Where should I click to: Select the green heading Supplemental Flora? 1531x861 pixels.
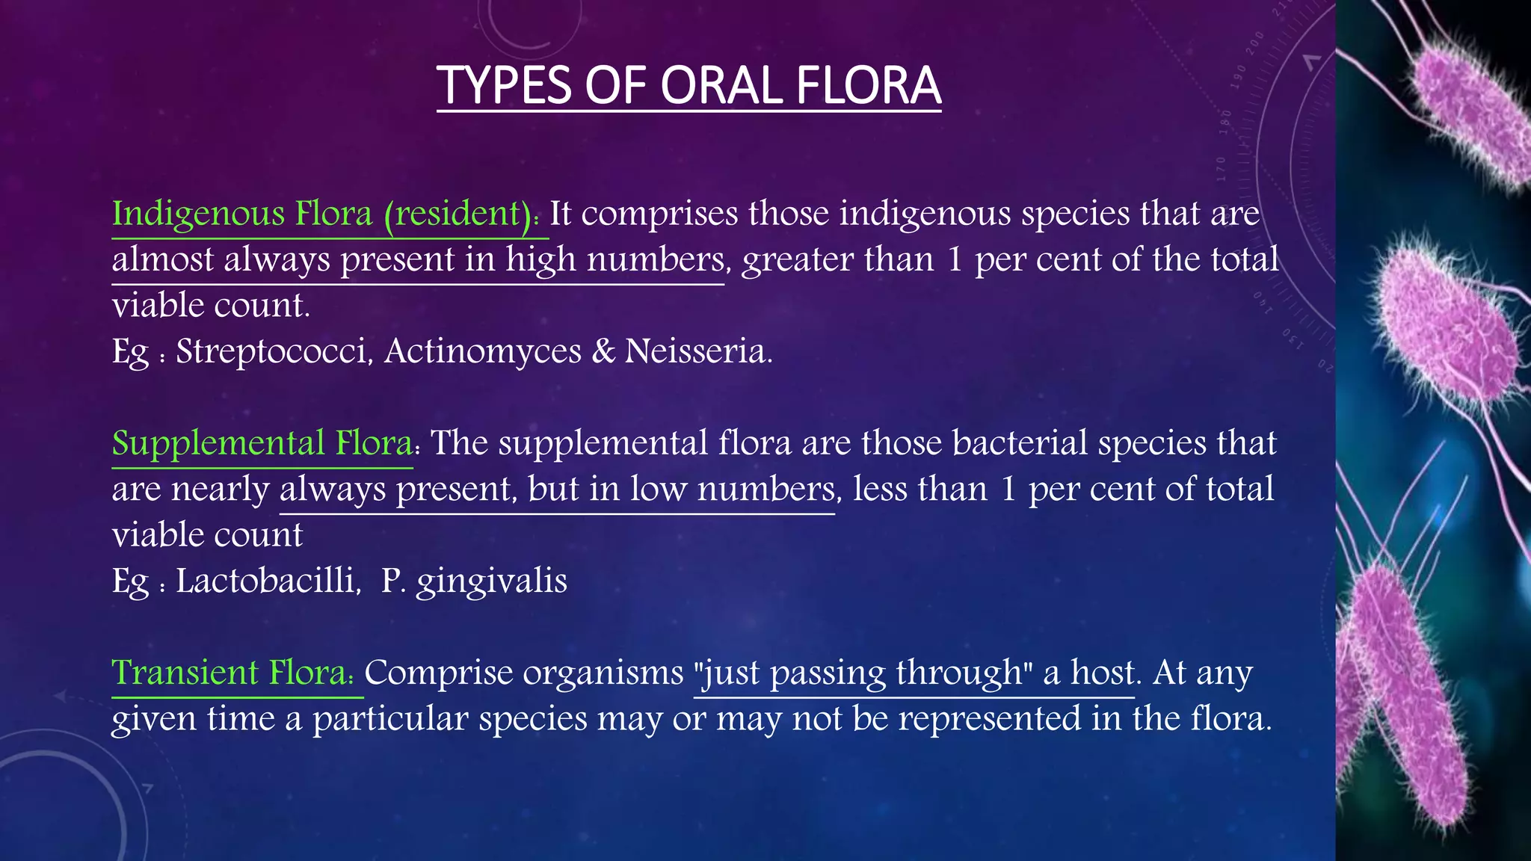[x=262, y=443]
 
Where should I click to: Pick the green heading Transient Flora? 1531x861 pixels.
[x=232, y=673]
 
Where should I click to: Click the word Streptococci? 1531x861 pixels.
[x=274, y=351]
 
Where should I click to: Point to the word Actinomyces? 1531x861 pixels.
[x=482, y=351]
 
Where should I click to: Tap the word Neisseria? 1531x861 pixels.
[x=698, y=351]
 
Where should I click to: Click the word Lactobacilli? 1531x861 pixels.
[x=268, y=581]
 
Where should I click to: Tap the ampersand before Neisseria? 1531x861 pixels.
[x=603, y=351]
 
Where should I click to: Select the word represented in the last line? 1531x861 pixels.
[x=990, y=719]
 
